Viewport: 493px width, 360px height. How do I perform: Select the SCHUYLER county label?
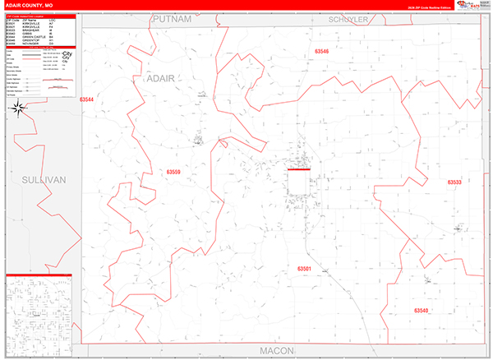pyautogui.click(x=349, y=19)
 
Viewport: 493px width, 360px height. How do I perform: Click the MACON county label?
pyautogui.click(x=282, y=350)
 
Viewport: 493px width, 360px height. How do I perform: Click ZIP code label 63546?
pyautogui.click(x=321, y=52)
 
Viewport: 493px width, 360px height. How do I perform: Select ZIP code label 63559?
pyautogui.click(x=173, y=172)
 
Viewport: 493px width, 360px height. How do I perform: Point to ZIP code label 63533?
pyautogui.click(x=454, y=182)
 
